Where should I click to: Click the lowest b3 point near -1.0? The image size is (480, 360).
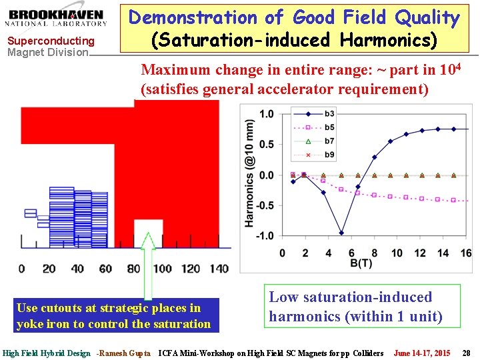pyautogui.click(x=341, y=233)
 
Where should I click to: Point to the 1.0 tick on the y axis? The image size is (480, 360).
pyautogui.click(x=266, y=114)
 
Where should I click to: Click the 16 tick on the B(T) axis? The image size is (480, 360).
pyautogui.click(x=466, y=253)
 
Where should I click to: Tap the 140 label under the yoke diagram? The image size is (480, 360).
pyautogui.click(x=218, y=269)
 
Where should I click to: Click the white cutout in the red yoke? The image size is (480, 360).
pyautogui.click(x=148, y=233)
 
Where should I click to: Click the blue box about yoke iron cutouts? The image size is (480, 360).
pyautogui.click(x=113, y=316)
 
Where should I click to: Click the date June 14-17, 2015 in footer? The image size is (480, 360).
pyautogui.click(x=421, y=353)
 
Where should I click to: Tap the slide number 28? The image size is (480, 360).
pyautogui.click(x=466, y=353)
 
